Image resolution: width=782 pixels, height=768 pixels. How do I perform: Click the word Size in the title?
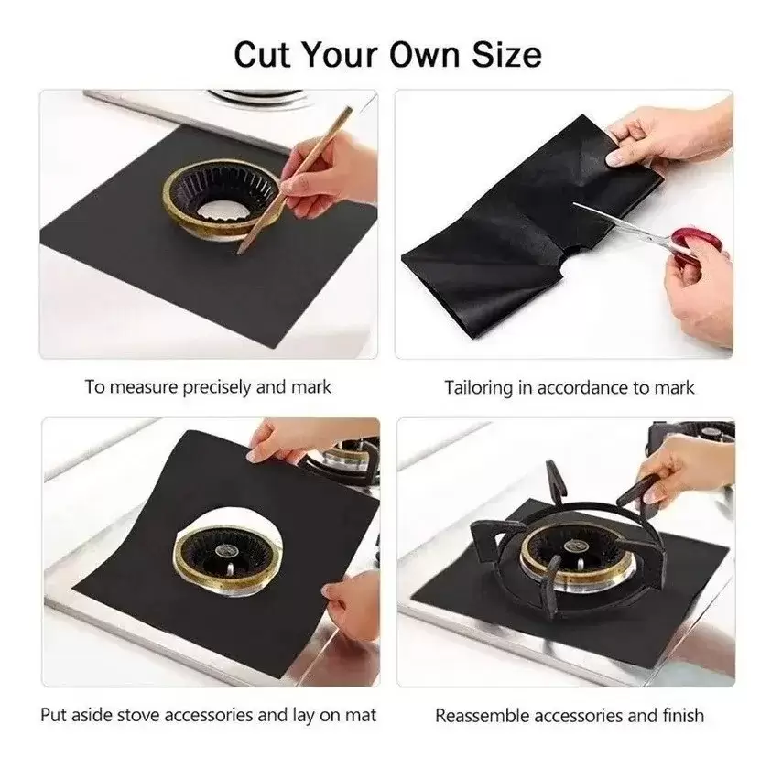click(x=506, y=54)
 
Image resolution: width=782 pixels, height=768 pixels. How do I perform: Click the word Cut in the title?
click(x=262, y=54)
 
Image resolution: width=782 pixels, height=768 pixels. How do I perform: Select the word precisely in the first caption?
click(x=216, y=387)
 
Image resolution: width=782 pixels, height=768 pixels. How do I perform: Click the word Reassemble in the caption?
click(x=483, y=716)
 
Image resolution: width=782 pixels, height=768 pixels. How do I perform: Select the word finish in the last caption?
click(x=683, y=716)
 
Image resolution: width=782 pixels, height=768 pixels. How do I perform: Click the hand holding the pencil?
click(x=323, y=177)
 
